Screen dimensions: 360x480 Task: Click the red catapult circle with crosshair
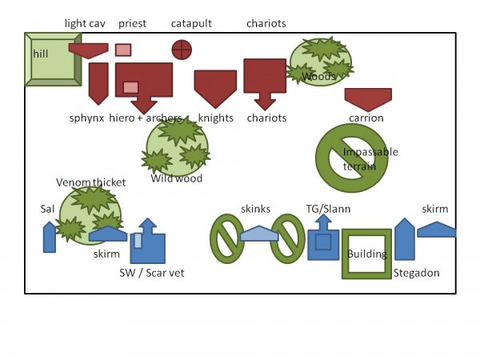click(182, 50)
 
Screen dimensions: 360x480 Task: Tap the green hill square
click(53, 58)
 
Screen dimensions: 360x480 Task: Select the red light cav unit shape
click(88, 50)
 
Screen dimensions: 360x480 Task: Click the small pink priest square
click(122, 50)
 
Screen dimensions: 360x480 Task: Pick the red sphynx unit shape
click(98, 82)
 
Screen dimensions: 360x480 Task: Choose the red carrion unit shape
click(368, 98)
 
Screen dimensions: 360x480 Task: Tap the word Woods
click(318, 77)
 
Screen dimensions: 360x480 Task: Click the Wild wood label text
click(177, 178)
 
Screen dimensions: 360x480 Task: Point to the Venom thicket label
click(90, 182)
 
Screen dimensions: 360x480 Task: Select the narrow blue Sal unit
click(50, 238)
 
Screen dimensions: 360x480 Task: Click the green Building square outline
click(366, 254)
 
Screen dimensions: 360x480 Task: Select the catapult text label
click(191, 23)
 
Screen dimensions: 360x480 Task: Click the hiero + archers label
click(150, 118)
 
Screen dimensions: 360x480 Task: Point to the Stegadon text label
click(416, 273)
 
